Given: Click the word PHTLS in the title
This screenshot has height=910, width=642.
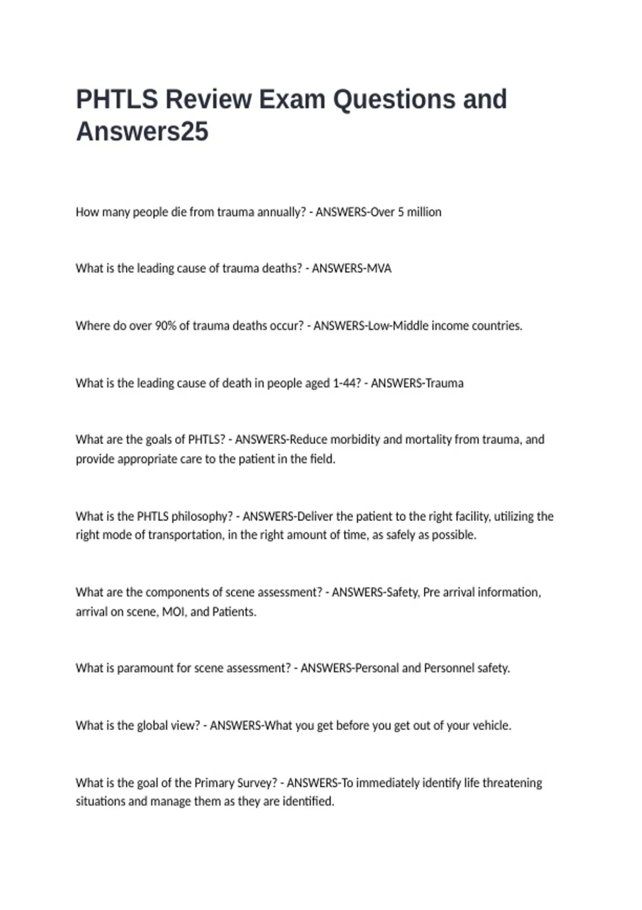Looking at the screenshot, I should tap(117, 100).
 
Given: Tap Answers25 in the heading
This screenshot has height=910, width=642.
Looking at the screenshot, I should tap(142, 132).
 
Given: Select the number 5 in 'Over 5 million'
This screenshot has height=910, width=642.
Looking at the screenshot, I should tap(400, 212).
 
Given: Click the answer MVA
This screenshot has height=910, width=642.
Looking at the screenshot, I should tap(379, 268).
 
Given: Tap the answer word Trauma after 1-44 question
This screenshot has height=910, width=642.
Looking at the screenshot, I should tap(444, 383).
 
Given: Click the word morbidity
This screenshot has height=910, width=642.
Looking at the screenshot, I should tap(355, 439).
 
